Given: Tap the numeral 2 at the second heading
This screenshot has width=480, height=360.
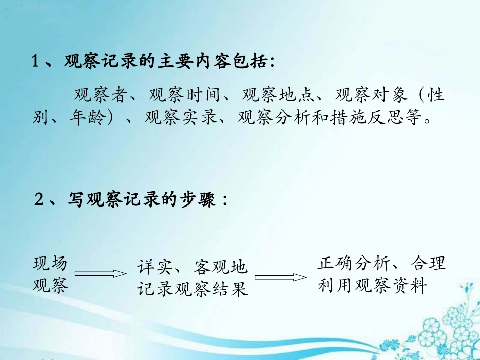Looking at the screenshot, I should click(39, 199).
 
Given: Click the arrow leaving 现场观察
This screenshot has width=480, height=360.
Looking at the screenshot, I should click(100, 273).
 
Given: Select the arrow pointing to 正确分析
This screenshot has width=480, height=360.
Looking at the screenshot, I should click(281, 277).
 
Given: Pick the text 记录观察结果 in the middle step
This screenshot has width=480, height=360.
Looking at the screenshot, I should click(193, 289).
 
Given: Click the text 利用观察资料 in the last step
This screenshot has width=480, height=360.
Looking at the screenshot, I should click(372, 286).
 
